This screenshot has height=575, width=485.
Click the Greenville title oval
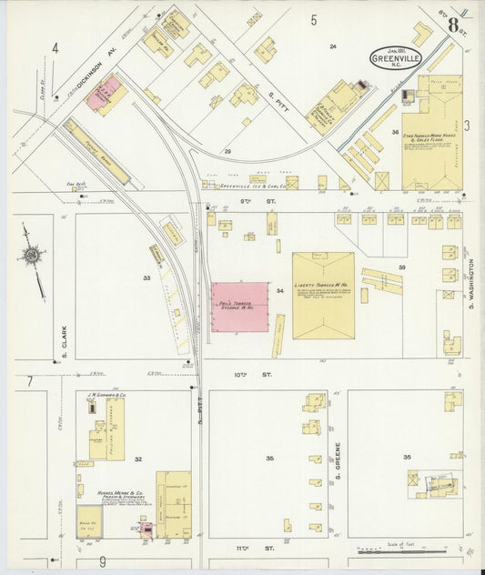click(x=396, y=58)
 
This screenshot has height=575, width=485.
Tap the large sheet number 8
click(x=452, y=25)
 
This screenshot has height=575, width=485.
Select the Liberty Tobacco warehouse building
click(x=323, y=294)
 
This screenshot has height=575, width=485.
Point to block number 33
click(x=146, y=277)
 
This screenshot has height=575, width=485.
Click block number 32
click(x=138, y=460)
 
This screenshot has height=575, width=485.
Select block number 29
click(x=227, y=151)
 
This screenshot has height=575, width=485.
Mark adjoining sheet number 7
click(x=29, y=381)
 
